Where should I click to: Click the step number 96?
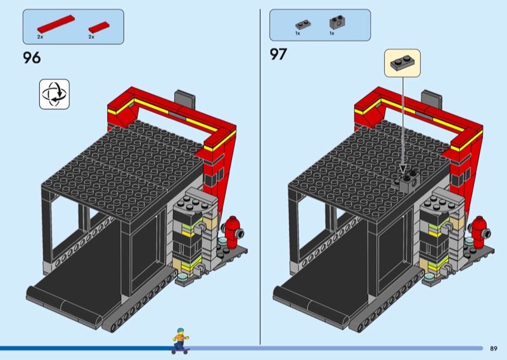[32, 58]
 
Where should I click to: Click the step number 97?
[278, 55]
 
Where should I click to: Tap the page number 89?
[494, 349]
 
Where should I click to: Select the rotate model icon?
[55, 94]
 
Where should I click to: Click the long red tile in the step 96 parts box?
[56, 24]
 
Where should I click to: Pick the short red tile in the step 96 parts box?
[99, 27]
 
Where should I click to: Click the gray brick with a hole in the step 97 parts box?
[337, 23]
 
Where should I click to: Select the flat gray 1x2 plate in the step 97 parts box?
[303, 25]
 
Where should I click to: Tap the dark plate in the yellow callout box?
[402, 63]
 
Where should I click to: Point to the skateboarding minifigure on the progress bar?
[181, 340]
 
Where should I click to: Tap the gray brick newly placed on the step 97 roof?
[408, 181]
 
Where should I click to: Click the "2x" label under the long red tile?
[40, 37]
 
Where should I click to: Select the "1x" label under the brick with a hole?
[331, 34]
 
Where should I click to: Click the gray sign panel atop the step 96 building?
[185, 100]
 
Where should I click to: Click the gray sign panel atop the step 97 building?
[432, 100]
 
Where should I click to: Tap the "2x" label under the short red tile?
[91, 37]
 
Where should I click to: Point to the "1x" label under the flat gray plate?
[297, 34]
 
